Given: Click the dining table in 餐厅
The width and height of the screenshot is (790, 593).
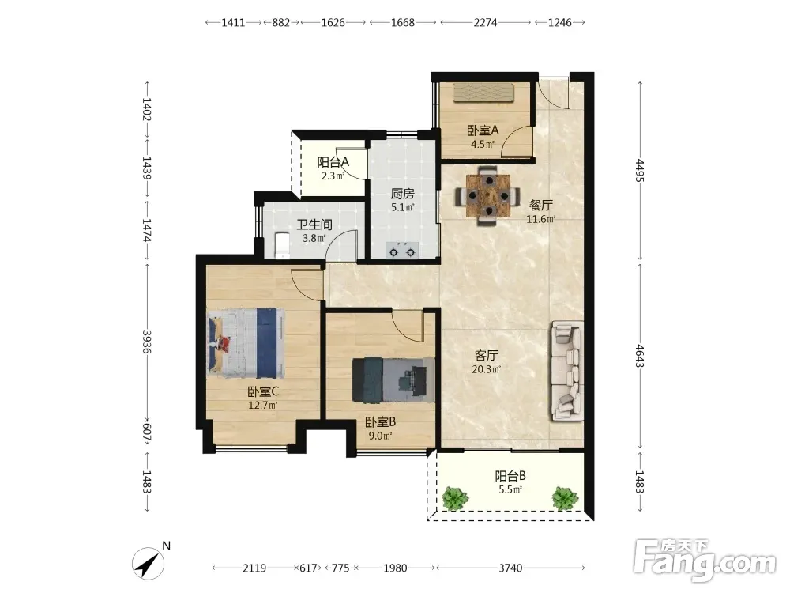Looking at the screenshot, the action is pyautogui.click(x=487, y=195).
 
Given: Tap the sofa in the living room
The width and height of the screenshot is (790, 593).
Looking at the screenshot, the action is pyautogui.click(x=567, y=371).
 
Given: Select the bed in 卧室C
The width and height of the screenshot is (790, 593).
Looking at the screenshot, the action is pyautogui.click(x=246, y=343).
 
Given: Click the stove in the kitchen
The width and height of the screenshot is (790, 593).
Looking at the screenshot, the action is pyautogui.click(x=402, y=250).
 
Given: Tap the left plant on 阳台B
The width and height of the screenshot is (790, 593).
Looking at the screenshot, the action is pyautogui.click(x=456, y=497).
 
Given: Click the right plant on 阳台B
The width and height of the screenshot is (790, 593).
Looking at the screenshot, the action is pyautogui.click(x=565, y=497).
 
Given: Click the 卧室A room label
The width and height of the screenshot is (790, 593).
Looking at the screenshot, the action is pyautogui.click(x=483, y=130).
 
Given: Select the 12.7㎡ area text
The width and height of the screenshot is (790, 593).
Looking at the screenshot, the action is pyautogui.click(x=262, y=405).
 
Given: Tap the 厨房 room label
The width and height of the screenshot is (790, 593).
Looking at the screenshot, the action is pyautogui.click(x=403, y=194).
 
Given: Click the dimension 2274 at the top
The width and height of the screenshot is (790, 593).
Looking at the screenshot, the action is pyautogui.click(x=485, y=22).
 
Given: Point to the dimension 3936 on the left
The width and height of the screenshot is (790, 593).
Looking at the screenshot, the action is pyautogui.click(x=147, y=342).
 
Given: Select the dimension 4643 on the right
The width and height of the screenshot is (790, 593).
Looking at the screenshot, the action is pyautogui.click(x=640, y=356).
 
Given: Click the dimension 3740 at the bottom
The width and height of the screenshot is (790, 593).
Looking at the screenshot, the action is pyautogui.click(x=510, y=568).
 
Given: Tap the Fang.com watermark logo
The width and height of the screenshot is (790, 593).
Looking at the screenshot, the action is pyautogui.click(x=705, y=561).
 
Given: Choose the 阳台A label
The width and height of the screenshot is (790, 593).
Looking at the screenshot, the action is pyautogui.click(x=333, y=162).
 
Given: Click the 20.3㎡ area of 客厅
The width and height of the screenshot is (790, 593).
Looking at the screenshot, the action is pyautogui.click(x=486, y=369).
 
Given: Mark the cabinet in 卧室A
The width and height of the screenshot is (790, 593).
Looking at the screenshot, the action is pyautogui.click(x=483, y=93).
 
